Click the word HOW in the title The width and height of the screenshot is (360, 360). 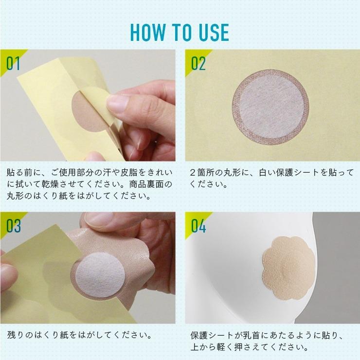(148, 33)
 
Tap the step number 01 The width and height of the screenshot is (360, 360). (13, 64)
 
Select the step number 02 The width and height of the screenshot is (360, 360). (198, 64)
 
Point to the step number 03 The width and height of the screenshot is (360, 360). (13, 226)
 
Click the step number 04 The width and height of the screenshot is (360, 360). (198, 226)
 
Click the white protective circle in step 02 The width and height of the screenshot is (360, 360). (270, 107)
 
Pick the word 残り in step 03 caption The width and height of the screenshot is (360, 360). (16, 335)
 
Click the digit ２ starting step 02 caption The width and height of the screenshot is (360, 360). (192, 172)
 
